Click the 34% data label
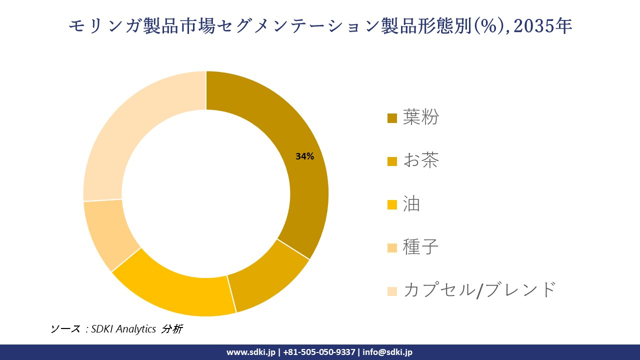click(304, 156)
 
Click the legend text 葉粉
click(421, 118)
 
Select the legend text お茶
click(421, 161)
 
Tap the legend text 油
click(411, 204)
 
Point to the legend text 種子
click(421, 247)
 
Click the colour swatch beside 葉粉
click(392, 118)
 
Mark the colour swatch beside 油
click(392, 204)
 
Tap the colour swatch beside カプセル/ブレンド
click(392, 290)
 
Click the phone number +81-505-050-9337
click(319, 352)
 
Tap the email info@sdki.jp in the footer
click(387, 352)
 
